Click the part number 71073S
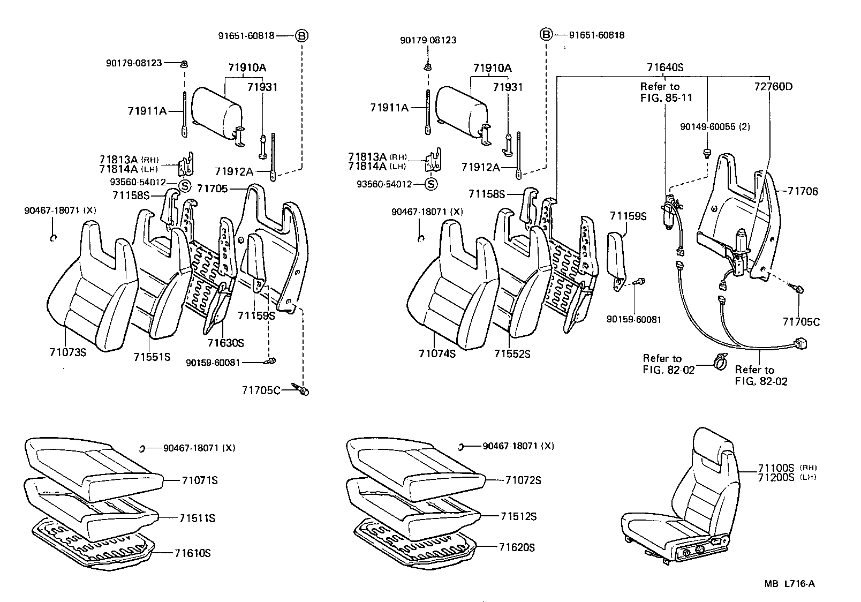click(x=67, y=352)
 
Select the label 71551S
click(x=152, y=357)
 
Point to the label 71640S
click(x=665, y=68)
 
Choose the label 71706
click(x=803, y=191)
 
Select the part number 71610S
click(x=193, y=553)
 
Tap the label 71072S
click(x=523, y=480)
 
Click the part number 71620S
click(x=517, y=547)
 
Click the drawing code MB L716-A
click(x=789, y=584)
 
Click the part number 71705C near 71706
click(x=801, y=322)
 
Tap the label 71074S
click(x=437, y=353)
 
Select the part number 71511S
click(x=197, y=518)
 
